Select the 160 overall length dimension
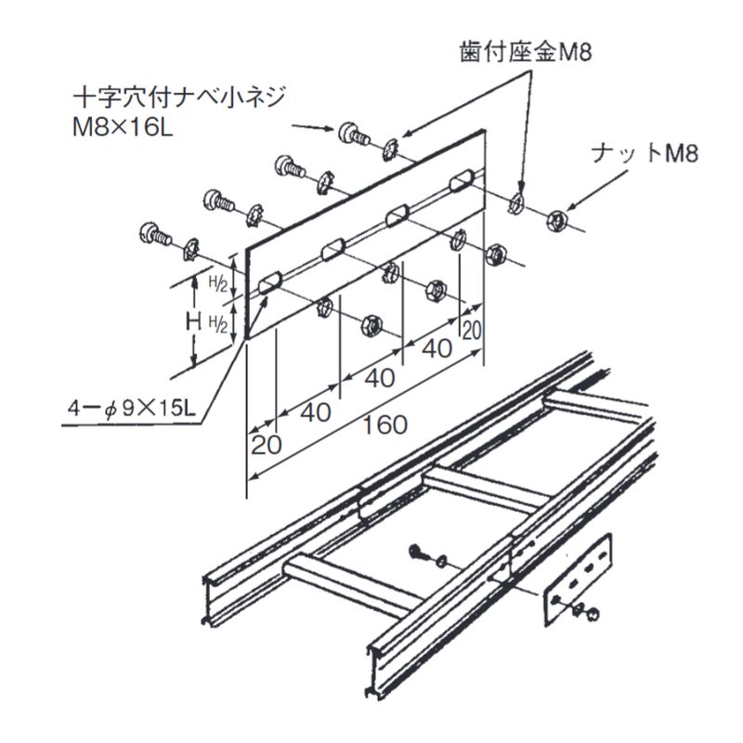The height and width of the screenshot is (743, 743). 385,424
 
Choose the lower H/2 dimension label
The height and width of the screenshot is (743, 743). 215,322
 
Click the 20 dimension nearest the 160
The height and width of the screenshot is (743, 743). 267,444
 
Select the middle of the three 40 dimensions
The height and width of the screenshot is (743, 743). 375,378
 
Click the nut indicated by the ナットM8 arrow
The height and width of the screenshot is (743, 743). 556,221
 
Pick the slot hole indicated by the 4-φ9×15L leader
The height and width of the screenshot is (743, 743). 270,283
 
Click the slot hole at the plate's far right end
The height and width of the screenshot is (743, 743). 461,178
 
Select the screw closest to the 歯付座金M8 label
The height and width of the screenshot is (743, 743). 353,133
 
